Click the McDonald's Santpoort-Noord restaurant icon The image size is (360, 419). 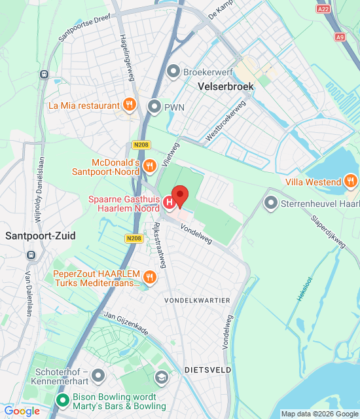[149, 166]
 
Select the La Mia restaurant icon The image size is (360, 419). [130, 105]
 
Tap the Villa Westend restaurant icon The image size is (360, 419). [351, 181]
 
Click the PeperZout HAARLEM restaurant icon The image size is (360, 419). [151, 277]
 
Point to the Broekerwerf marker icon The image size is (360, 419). [173, 70]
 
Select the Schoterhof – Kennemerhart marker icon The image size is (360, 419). [98, 375]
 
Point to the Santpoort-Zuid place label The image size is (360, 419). [40, 236]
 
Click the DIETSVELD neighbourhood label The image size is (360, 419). [207, 369]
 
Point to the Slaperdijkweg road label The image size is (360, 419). [327, 230]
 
